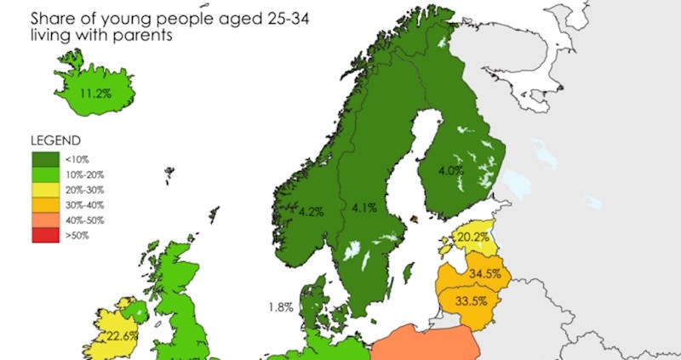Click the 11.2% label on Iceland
95,93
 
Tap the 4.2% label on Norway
312,211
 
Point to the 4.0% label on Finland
450,170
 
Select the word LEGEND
55,140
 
